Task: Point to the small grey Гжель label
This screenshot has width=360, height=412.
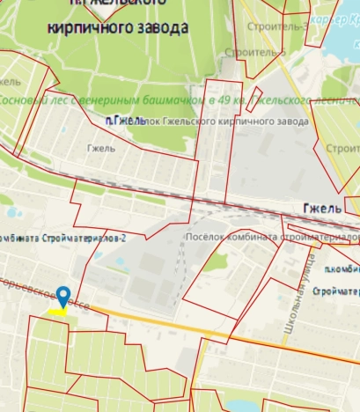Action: click(x=101, y=148)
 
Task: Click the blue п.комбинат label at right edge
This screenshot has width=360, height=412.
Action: click(x=342, y=269)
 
